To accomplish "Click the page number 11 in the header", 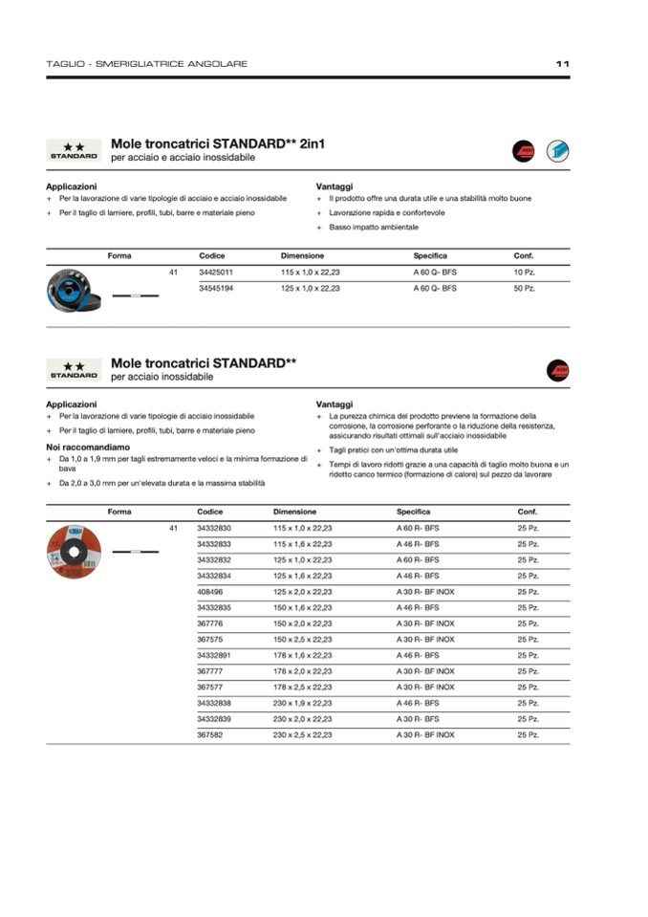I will coord(562,64).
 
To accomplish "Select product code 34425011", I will coord(215,273).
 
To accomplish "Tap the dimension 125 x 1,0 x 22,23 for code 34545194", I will coord(310,288).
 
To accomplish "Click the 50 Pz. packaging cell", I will coord(524,288).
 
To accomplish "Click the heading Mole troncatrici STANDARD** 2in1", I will coord(218,143).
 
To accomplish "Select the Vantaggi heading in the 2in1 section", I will coord(334,186).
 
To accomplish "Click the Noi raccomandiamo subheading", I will coord(88,447).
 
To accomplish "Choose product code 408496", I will coord(210,592).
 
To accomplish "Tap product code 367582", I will coord(210,734).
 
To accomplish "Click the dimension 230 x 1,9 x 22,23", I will coord(302,703).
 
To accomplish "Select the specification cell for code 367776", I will coord(425,623).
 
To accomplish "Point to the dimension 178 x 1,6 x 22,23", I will coord(302,655).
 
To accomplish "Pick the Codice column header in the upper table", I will coord(211,256).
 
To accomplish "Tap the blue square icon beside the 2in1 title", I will coord(557,150).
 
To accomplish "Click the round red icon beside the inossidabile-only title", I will coord(557,370).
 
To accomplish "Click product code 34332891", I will coord(214,655).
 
